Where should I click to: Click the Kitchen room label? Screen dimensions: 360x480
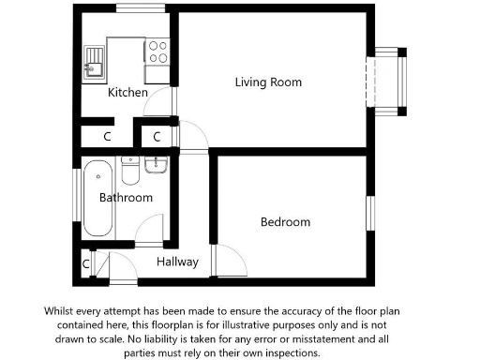[127, 93]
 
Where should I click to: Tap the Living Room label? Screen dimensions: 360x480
[268, 82]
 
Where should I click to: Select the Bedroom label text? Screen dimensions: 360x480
[285, 222]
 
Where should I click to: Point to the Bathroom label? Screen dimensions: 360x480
[127, 198]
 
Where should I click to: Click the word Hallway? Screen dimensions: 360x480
[177, 262]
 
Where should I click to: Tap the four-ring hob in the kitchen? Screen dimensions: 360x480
[157, 51]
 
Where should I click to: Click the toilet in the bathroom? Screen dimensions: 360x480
[130, 172]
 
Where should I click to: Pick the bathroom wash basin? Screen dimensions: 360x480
[157, 166]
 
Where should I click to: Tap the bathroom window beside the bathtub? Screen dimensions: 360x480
[77, 198]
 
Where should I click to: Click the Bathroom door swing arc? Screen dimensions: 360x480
[149, 232]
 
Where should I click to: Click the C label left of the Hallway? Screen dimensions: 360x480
[85, 264]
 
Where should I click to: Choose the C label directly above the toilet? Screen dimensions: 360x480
[157, 136]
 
